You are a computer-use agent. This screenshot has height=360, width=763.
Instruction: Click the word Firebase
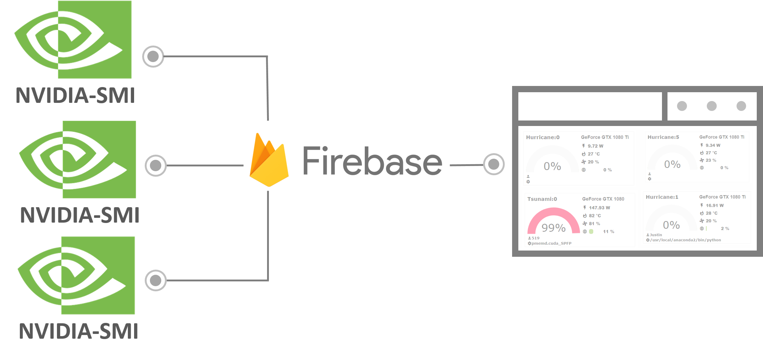[x=372, y=161]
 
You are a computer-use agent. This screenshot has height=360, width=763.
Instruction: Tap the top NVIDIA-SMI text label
[x=75, y=96]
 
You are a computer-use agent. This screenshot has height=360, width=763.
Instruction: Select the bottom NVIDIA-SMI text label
[x=79, y=331]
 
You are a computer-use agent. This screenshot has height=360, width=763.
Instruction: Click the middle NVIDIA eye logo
[x=78, y=159]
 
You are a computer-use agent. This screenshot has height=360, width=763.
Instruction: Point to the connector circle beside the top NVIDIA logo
[x=153, y=57]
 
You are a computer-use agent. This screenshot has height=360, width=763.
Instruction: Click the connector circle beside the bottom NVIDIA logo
[x=156, y=280]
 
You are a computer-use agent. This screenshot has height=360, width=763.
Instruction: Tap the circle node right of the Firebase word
[x=494, y=164]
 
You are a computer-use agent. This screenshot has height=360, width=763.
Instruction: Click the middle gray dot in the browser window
[x=712, y=106]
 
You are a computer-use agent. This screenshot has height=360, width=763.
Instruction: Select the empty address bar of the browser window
[x=590, y=106]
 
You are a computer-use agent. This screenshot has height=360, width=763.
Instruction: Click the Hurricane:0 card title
[x=543, y=137]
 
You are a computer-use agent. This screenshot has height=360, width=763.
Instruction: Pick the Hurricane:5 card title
[x=663, y=137]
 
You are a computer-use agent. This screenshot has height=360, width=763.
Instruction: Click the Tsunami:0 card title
[x=542, y=199]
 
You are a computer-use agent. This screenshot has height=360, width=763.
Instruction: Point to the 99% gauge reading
[x=554, y=228]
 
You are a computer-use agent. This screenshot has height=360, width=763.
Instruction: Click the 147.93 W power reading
[x=600, y=208]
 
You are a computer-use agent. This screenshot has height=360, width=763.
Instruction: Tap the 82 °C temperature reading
[x=595, y=216]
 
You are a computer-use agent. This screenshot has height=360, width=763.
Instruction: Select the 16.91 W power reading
[x=715, y=205]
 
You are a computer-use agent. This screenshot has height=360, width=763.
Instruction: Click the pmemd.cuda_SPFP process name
[x=551, y=243]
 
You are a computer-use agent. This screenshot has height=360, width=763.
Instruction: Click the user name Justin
[x=656, y=235]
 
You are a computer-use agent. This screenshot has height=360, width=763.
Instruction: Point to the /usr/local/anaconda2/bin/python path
[x=685, y=240]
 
